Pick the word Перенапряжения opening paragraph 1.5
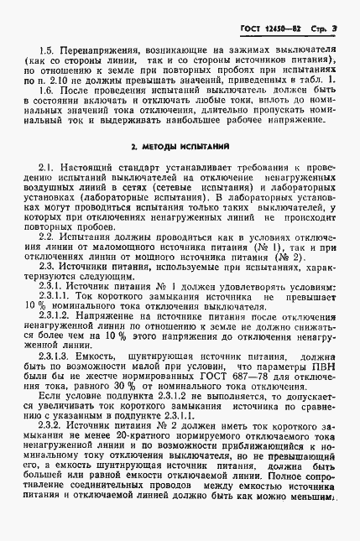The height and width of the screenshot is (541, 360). coord(90,49)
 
